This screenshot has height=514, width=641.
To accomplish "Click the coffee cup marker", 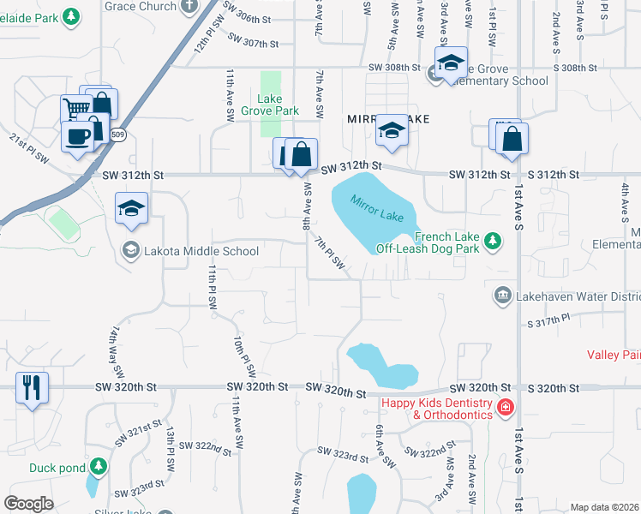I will click(x=77, y=136).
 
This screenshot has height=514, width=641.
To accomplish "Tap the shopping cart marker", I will click(x=76, y=110).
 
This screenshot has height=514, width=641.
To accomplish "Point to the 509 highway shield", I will click(x=118, y=134).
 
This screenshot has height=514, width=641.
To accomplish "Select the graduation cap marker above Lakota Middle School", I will click(x=132, y=208).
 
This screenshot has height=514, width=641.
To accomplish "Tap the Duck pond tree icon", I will click(x=100, y=466).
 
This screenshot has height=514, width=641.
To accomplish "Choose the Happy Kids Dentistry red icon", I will click(x=506, y=406).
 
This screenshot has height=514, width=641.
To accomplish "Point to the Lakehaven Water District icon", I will click(x=502, y=296).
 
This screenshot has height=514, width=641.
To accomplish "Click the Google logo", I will click(x=28, y=503).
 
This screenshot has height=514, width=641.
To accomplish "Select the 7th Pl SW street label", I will click(x=330, y=256).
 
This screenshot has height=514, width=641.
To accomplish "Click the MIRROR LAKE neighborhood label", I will click(x=387, y=118).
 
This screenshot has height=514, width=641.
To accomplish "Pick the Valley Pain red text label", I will click(x=614, y=354).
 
